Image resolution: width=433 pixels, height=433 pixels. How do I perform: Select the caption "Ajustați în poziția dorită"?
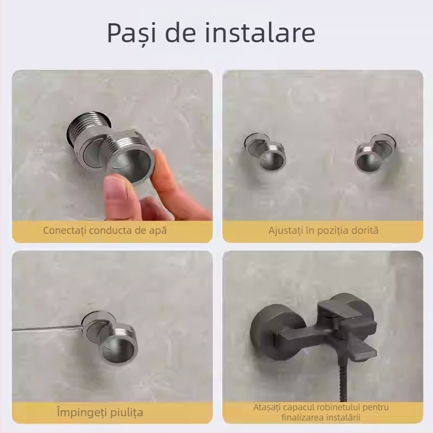click(x=323, y=230)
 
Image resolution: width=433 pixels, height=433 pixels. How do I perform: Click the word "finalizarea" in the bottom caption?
click(x=305, y=417)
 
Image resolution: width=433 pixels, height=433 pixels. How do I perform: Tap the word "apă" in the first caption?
click(x=158, y=230)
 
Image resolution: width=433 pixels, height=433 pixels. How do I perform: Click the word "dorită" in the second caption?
click(x=365, y=230)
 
